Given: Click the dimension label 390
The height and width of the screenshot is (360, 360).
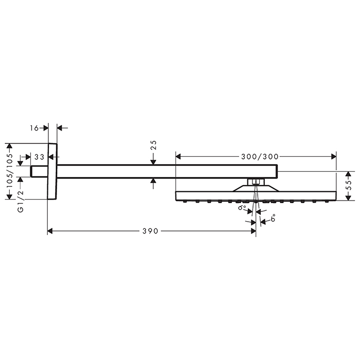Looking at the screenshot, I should pyautogui.click(x=151, y=231).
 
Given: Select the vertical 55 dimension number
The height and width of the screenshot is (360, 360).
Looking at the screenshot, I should pyautogui.click(x=348, y=186).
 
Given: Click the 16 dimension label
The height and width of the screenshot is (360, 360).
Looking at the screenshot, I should pyautogui.click(x=34, y=128).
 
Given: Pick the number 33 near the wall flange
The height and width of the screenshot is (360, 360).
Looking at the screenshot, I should pyautogui.click(x=39, y=157).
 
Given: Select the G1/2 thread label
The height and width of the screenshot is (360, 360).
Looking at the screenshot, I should pyautogui.click(x=21, y=203).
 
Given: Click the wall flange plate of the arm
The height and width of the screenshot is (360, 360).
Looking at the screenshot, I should pyautogui.click(x=52, y=172).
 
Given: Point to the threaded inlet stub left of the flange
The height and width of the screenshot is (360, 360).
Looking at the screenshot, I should pyautogui.click(x=39, y=171).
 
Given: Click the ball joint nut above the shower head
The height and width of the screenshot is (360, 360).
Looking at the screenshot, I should pyautogui.click(x=255, y=182).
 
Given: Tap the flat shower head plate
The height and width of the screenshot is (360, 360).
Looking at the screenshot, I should pyautogui.click(x=255, y=196).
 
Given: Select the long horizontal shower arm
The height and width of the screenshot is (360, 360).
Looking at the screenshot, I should pyautogui.click(x=165, y=171).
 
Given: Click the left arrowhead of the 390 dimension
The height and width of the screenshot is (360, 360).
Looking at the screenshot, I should pyautogui.click(x=50, y=231).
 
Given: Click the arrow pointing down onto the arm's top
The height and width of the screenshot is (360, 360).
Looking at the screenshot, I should pyautogui.click(x=153, y=162).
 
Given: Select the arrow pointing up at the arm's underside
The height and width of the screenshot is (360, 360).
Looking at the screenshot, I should pyautogui.click(x=153, y=181).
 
